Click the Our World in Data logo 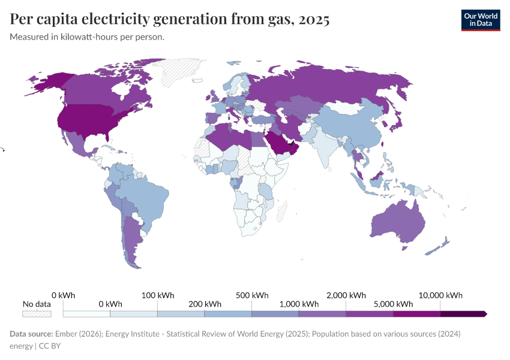pos(480,20)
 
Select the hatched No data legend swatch pos(37,313)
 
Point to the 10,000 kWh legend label pos(440,295)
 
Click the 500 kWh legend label pos(252,295)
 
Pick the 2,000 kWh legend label pos(346,295)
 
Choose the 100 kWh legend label pos(158,295)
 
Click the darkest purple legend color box pos(463,313)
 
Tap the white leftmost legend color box pos(87,313)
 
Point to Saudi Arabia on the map pos(278,141)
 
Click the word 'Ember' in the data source pos(66,334)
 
